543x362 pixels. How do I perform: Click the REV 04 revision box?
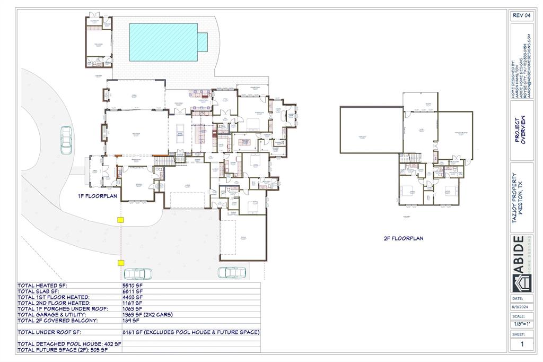point(521,15)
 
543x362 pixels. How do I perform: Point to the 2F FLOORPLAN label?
point(403,238)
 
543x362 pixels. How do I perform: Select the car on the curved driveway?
point(67,141)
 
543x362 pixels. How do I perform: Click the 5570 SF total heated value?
point(133,285)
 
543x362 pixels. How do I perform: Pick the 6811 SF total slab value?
point(133,291)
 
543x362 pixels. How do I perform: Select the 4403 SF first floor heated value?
point(133,297)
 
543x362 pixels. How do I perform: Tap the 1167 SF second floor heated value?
point(133,303)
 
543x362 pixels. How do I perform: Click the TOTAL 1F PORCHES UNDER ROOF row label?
point(63,309)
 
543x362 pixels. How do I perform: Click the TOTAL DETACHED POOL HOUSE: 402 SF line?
point(69,344)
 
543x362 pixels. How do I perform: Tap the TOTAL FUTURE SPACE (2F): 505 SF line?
point(63,350)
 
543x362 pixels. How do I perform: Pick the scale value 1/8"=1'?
point(521,324)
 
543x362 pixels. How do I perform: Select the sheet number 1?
point(521,344)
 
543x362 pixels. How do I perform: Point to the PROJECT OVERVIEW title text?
point(521,130)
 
